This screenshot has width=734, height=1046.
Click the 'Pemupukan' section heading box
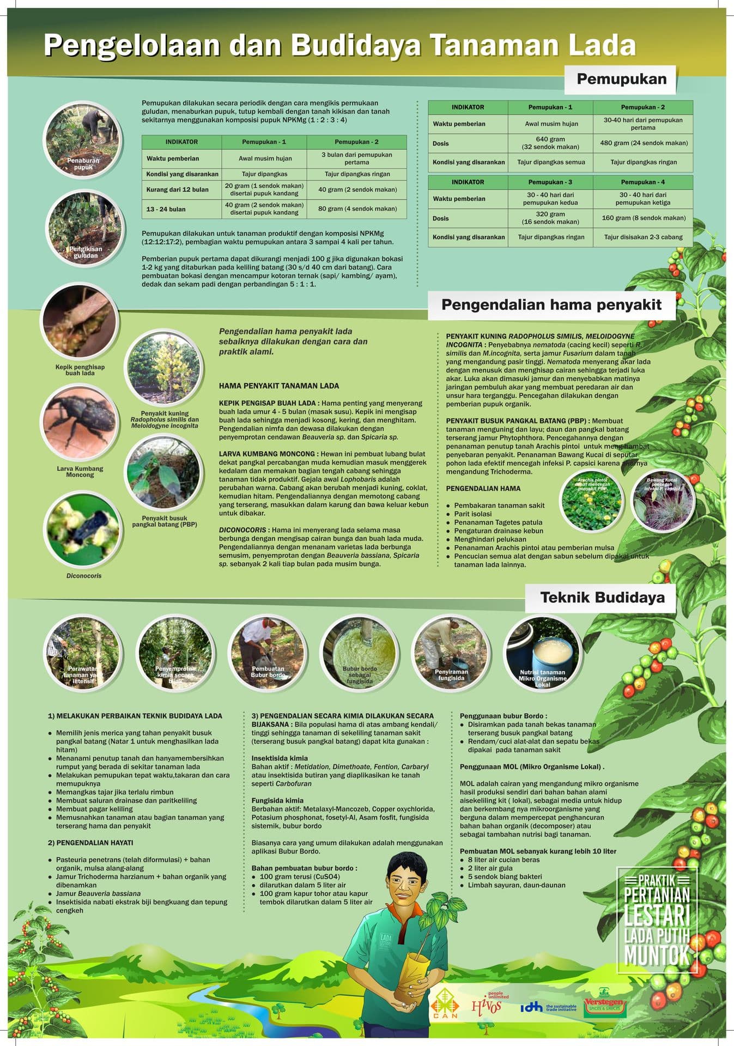tap(621, 80)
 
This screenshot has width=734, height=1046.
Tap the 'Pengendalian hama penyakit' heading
tap(551, 305)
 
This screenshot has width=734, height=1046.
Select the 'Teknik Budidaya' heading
tap(602, 598)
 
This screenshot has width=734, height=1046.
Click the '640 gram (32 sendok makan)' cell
tap(550, 143)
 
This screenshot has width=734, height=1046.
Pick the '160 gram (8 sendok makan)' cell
tap(643, 218)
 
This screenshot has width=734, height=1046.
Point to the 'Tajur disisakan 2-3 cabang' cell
tap(643, 237)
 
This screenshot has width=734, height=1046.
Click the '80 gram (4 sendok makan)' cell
tap(356, 209)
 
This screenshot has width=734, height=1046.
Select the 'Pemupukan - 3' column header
tap(550, 182)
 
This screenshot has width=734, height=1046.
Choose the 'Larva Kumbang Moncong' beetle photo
tap(80, 422)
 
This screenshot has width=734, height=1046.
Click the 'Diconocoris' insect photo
tap(83, 529)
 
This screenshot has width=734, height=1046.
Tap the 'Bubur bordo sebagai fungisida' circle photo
tap(359, 653)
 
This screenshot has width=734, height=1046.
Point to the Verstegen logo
tap(604, 1007)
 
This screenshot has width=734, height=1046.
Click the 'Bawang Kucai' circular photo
tap(663, 501)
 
